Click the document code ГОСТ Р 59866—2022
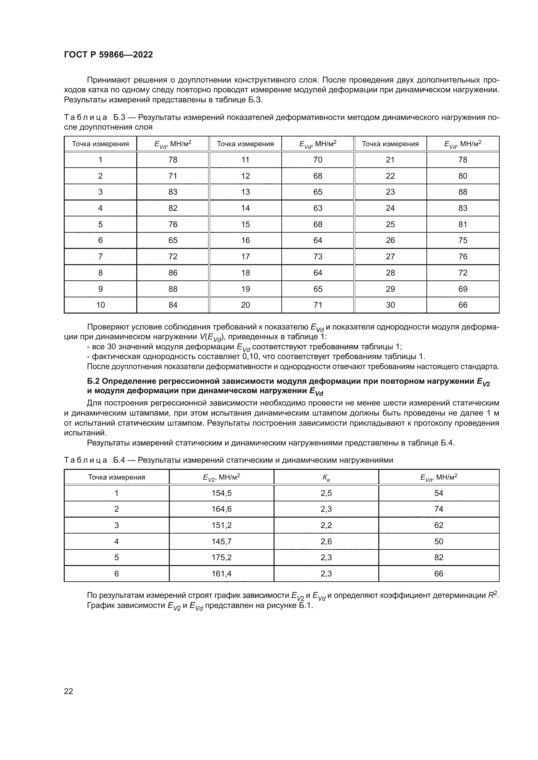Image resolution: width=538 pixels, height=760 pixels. point(108,55)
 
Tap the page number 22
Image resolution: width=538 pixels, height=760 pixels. point(68,691)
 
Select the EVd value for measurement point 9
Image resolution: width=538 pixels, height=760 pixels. point(173,289)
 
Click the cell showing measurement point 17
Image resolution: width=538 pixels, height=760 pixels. point(245,257)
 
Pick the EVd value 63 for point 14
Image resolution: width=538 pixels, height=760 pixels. point(317,208)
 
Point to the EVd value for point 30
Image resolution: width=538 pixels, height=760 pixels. point(463,305)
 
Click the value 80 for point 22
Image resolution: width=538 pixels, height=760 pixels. point(463,176)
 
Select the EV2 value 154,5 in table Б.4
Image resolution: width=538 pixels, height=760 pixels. point(221,493)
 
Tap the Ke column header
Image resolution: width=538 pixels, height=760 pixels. point(326,477)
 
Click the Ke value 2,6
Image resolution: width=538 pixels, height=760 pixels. point(326,542)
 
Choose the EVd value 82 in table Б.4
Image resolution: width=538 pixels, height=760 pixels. point(438,558)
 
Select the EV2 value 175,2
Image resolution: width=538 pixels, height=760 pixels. point(221,558)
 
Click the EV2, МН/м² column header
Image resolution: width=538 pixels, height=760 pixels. point(221,477)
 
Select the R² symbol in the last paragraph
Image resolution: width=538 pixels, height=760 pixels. point(493,595)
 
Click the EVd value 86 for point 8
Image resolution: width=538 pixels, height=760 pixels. point(173,273)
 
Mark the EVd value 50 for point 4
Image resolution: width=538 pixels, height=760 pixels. point(438,542)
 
